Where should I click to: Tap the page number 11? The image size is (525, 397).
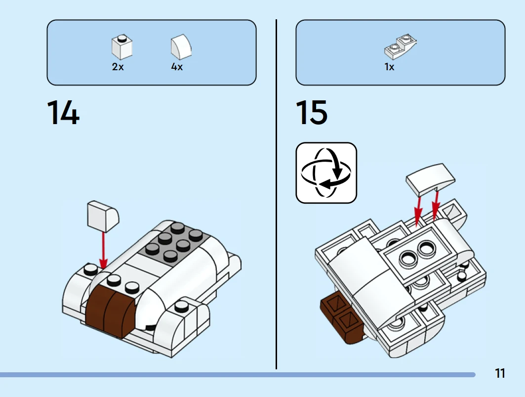[x=500, y=373]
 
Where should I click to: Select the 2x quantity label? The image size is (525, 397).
[x=118, y=67]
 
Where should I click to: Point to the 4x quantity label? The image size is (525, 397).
[x=177, y=67]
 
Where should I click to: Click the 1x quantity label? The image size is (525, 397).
[x=390, y=67]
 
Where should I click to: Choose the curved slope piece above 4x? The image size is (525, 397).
[x=181, y=47]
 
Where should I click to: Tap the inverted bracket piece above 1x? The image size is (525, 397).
[x=401, y=45]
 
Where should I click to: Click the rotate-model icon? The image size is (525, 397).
[x=326, y=173]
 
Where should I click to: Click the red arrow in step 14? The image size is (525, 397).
[x=103, y=250]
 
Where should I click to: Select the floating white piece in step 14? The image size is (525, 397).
[x=103, y=215]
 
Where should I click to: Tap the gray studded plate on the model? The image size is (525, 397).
[x=173, y=242]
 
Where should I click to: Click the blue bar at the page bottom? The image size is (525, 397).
[x=237, y=375]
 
